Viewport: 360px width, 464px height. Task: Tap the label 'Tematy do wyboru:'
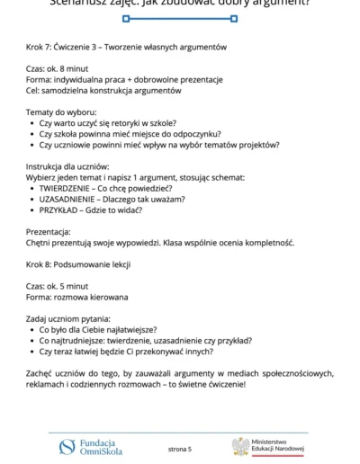coord(61,112)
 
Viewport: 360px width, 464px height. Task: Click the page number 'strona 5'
coord(180,447)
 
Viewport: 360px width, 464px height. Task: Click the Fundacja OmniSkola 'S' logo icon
coord(67,446)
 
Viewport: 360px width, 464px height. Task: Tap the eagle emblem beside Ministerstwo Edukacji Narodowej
coord(240,447)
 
